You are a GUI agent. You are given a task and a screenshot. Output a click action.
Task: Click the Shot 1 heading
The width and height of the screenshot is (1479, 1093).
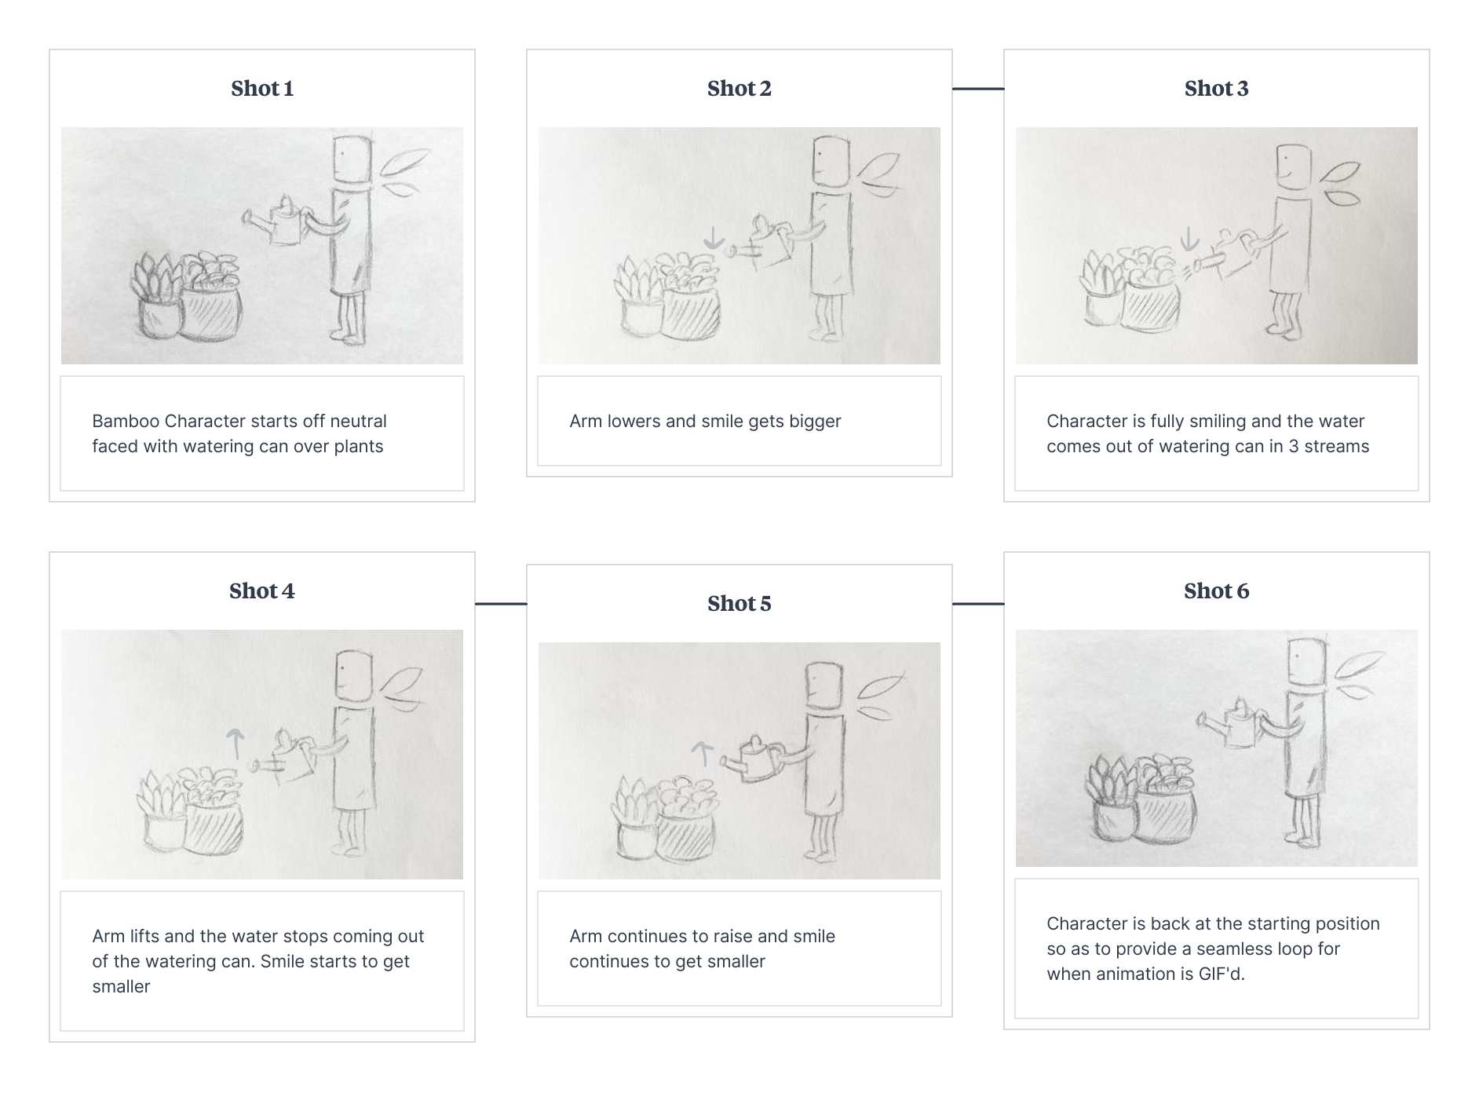click(x=262, y=89)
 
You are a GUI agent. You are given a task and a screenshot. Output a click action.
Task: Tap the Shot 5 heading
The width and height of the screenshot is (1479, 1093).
click(x=739, y=604)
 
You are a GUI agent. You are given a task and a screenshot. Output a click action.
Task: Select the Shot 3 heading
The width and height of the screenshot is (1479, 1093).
click(x=1217, y=89)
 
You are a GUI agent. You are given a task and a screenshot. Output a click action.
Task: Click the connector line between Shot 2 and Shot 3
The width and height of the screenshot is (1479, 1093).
click(x=978, y=89)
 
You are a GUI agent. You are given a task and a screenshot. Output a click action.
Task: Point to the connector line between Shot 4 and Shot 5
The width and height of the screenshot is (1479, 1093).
click(x=501, y=604)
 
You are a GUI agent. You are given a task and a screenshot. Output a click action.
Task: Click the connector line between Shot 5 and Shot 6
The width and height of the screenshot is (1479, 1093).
click(x=978, y=604)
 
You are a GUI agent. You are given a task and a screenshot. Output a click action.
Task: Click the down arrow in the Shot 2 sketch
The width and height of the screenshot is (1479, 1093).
click(x=713, y=238)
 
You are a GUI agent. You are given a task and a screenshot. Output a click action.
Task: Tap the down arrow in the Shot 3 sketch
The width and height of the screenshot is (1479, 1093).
click(x=1190, y=238)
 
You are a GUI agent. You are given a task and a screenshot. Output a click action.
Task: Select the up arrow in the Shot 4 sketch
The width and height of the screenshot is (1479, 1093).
click(x=236, y=744)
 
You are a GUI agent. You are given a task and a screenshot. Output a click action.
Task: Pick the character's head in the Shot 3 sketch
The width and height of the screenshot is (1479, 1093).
click(x=1293, y=167)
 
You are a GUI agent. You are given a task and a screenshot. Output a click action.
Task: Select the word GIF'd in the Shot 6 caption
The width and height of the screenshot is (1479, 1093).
click(x=1222, y=974)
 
